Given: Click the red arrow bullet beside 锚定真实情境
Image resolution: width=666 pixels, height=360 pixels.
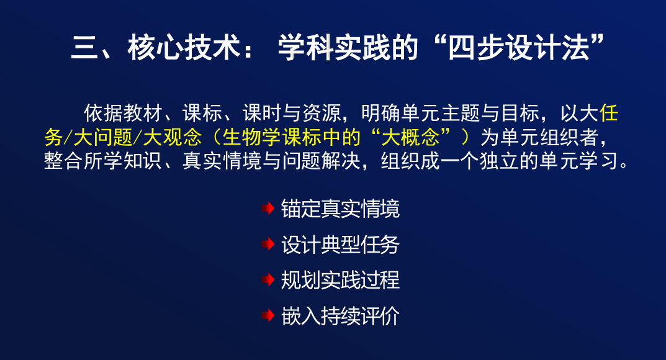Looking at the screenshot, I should tap(268, 209).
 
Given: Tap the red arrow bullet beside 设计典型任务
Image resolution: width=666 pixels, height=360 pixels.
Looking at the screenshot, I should tap(268, 244).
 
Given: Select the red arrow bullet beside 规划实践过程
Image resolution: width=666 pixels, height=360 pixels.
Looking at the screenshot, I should tap(268, 280).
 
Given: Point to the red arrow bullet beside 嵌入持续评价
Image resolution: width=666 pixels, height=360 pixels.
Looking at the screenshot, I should tap(268, 315).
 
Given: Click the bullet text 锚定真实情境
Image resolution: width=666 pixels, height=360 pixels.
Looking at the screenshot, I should tap(340, 209).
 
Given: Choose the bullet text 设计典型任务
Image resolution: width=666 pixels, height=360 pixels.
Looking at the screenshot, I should tap(340, 244).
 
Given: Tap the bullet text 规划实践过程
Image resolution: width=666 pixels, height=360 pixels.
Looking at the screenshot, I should tap(340, 280).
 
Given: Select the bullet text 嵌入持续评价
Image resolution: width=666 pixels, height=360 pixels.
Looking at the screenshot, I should tap(340, 315).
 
